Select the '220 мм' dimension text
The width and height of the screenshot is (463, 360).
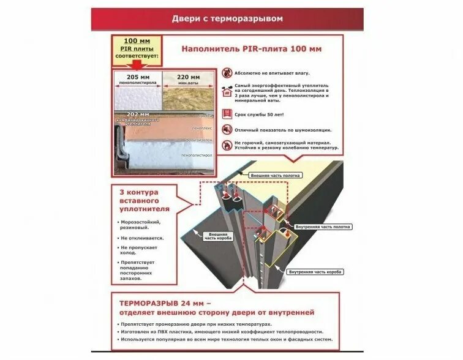coord(188,77)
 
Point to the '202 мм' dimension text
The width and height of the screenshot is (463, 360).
coord(138,114)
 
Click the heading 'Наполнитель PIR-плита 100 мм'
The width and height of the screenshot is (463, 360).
coord(252,48)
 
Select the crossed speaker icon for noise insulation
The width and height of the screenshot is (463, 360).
coord(227,130)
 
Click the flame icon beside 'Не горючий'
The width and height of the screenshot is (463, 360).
coord(227,145)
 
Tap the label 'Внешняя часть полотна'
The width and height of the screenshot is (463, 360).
coord(275,175)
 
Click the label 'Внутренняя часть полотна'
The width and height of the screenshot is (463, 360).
coord(323,227)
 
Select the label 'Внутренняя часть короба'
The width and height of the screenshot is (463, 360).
coord(315,271)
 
